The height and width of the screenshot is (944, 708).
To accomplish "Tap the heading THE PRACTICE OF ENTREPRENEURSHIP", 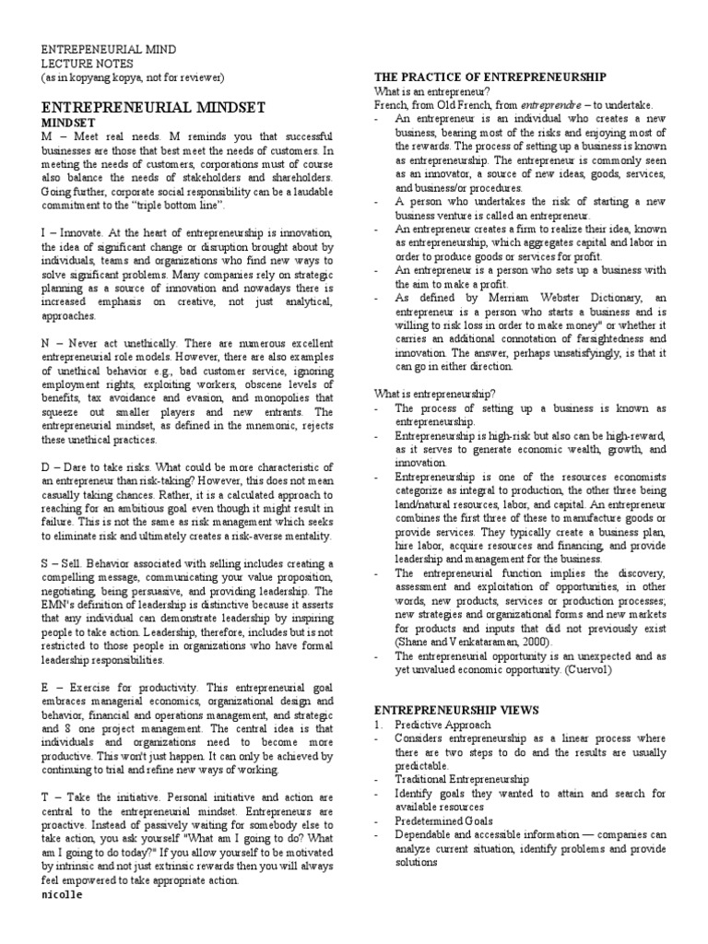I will (490, 77).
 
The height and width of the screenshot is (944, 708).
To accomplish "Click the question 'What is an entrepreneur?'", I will (431, 91).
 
